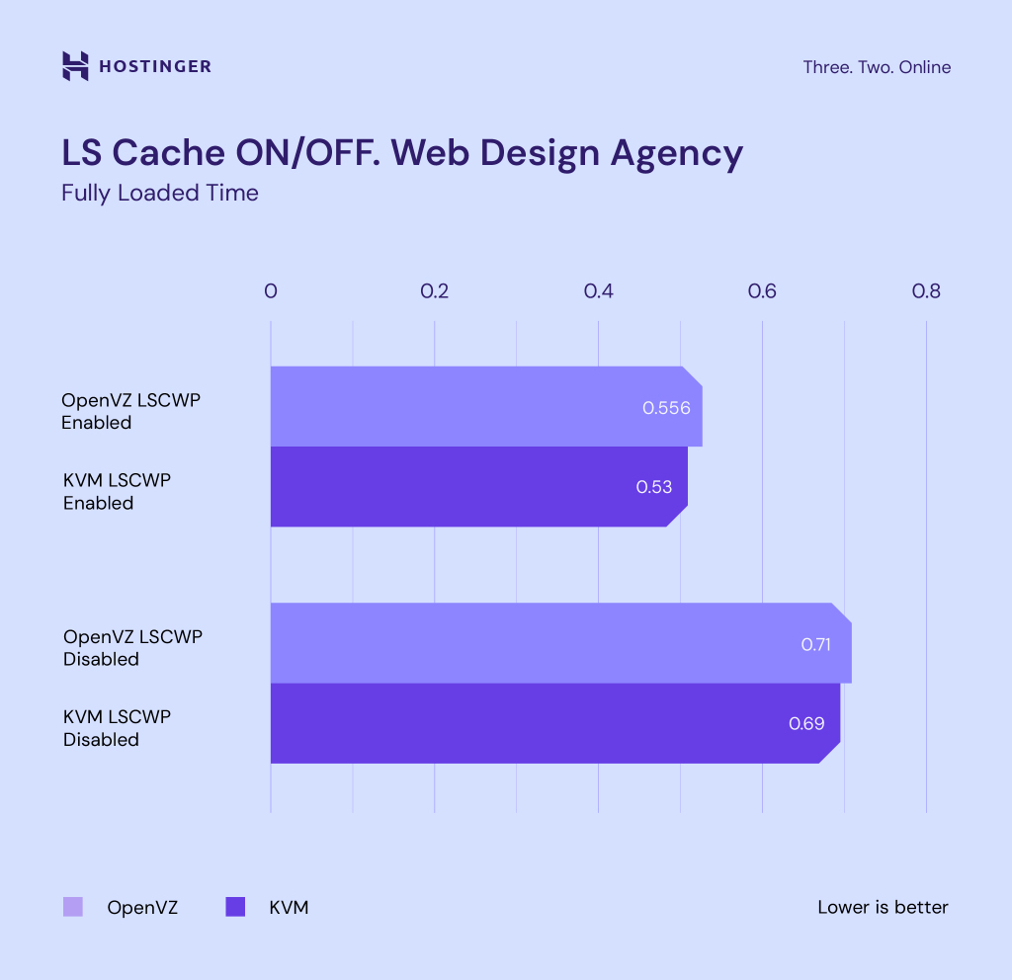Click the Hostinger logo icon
(75, 66)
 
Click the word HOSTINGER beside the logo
(155, 67)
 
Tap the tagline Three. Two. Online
(877, 67)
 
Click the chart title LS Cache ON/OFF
(401, 153)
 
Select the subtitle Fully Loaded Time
(160, 193)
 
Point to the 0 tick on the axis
(271, 291)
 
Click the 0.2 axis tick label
(435, 291)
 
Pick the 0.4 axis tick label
(598, 291)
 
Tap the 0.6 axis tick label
(762, 291)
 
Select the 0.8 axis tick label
(926, 291)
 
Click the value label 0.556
(666, 407)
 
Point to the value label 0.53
(653, 487)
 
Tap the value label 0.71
(816, 644)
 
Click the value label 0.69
(806, 723)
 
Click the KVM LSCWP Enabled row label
(117, 491)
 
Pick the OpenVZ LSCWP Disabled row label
(132, 647)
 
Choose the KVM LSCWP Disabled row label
(117, 727)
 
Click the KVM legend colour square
(235, 907)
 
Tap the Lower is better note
(883, 907)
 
